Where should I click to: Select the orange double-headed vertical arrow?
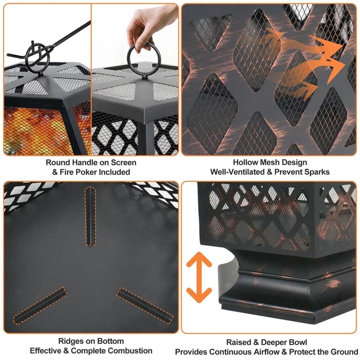click(x=199, y=277)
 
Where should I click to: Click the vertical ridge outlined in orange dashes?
click(x=90, y=216)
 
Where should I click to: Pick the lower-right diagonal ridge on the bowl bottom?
click(x=145, y=305)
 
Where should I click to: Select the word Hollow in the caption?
click(x=246, y=162)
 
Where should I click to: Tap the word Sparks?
click(x=316, y=172)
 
